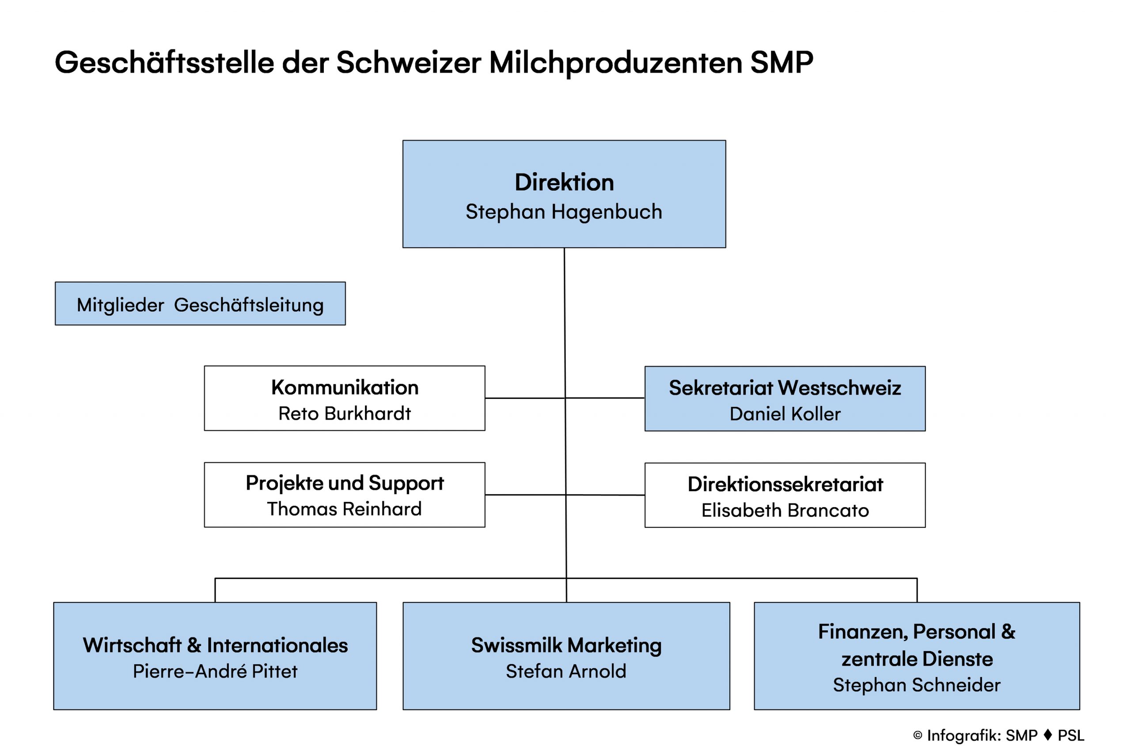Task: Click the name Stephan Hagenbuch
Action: click(564, 212)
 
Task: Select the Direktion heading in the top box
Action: click(564, 182)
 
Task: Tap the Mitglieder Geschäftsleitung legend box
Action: click(200, 303)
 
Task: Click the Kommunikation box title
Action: click(345, 387)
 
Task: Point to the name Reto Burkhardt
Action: click(345, 413)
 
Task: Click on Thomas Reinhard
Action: click(344, 509)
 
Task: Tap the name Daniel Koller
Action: click(785, 414)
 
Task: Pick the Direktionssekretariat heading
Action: click(785, 484)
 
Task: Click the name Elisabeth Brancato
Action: click(785, 510)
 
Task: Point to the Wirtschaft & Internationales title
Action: click(215, 645)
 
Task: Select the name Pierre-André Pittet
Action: click(215, 671)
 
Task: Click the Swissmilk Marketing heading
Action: click(566, 646)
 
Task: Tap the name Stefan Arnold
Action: click(566, 671)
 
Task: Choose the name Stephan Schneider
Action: click(917, 685)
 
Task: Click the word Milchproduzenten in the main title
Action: click(615, 63)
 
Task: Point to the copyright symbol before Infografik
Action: click(918, 735)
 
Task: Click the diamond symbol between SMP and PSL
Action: click(1048, 735)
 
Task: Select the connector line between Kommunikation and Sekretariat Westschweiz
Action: click(565, 398)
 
